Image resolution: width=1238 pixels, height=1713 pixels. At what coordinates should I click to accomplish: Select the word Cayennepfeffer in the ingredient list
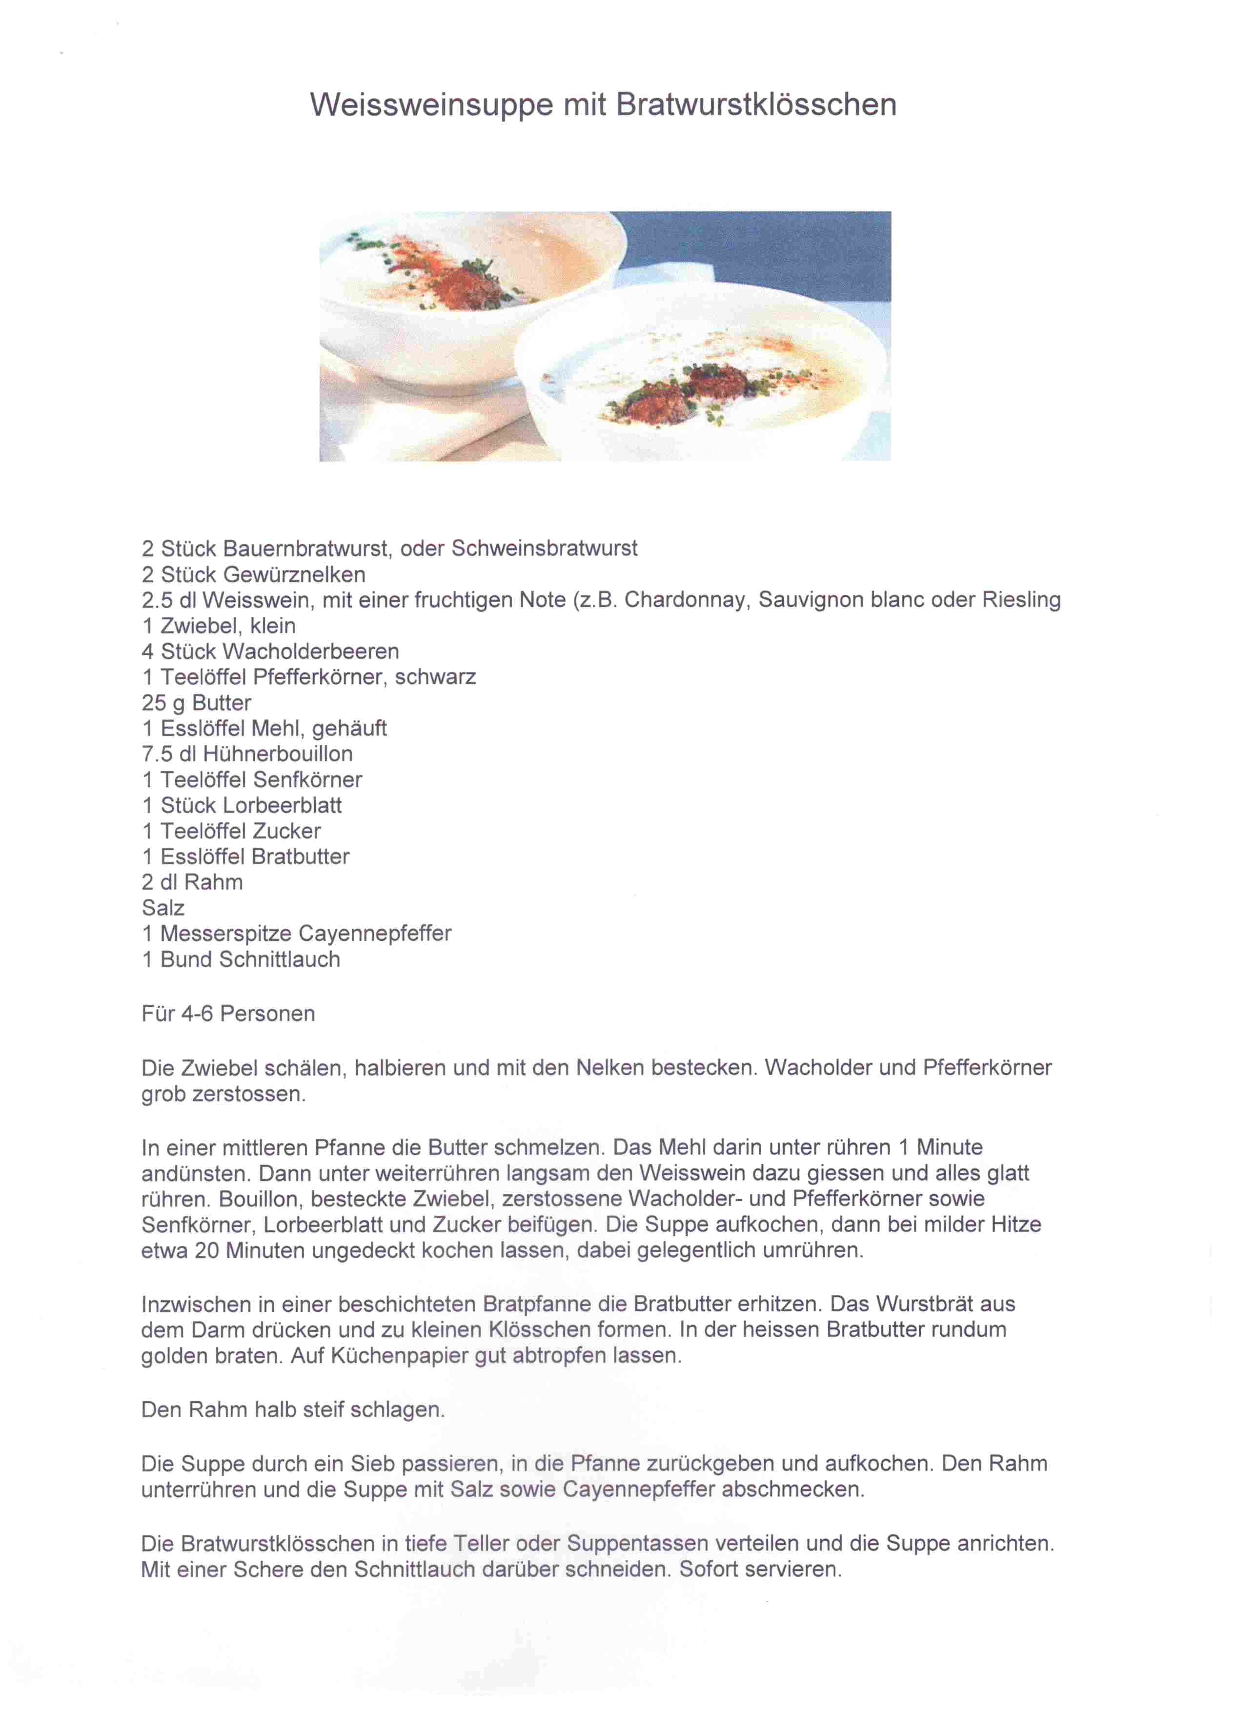click(x=375, y=934)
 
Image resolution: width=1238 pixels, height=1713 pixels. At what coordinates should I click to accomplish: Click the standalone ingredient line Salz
click(x=163, y=908)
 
